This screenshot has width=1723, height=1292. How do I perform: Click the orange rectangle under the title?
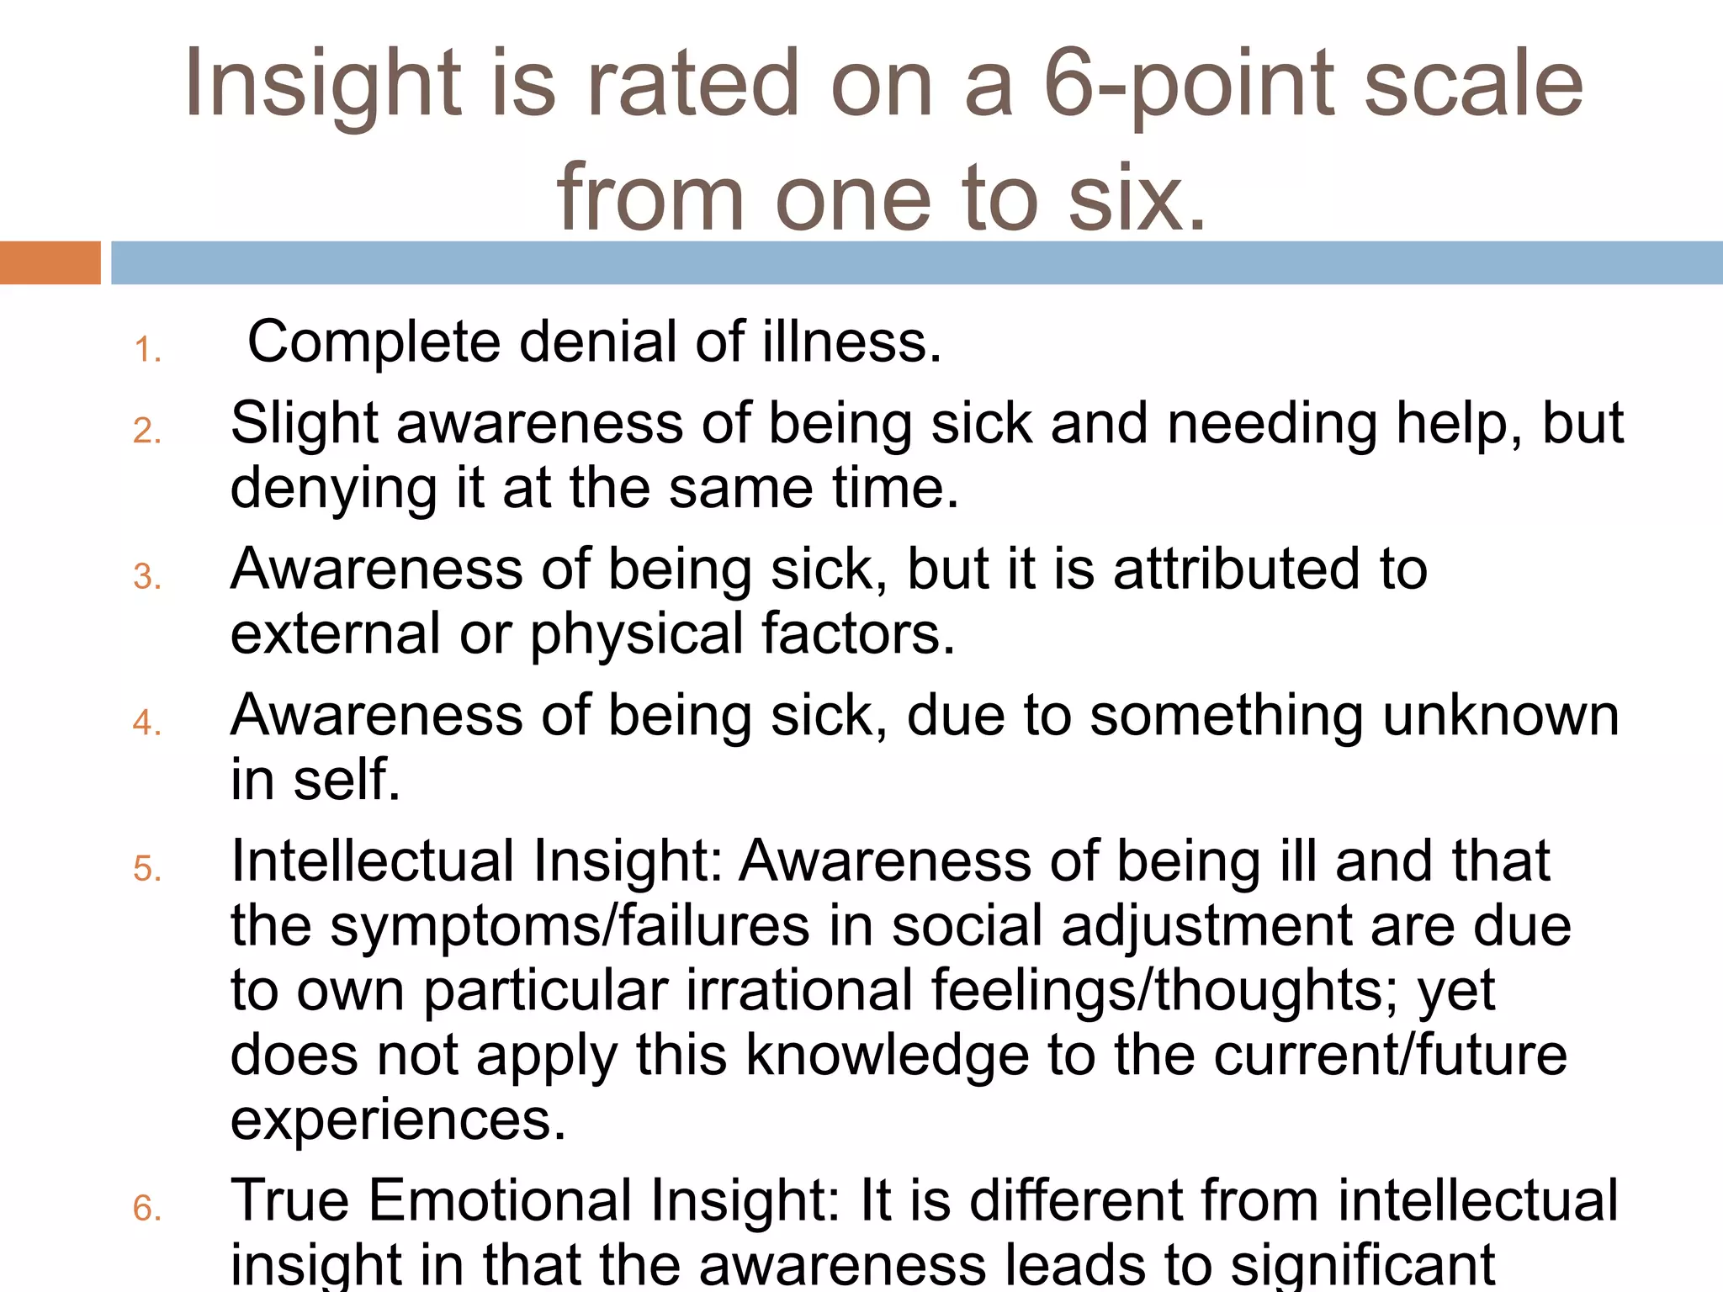click(50, 262)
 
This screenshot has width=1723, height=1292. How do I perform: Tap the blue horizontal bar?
click(917, 262)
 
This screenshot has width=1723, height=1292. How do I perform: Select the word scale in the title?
click(1472, 84)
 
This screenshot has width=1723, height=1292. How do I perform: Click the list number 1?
click(147, 350)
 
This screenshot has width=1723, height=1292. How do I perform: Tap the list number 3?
click(147, 577)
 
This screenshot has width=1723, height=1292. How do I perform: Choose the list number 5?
click(147, 869)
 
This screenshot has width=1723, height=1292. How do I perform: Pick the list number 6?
click(147, 1209)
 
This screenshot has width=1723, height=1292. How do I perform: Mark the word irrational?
click(799, 991)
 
